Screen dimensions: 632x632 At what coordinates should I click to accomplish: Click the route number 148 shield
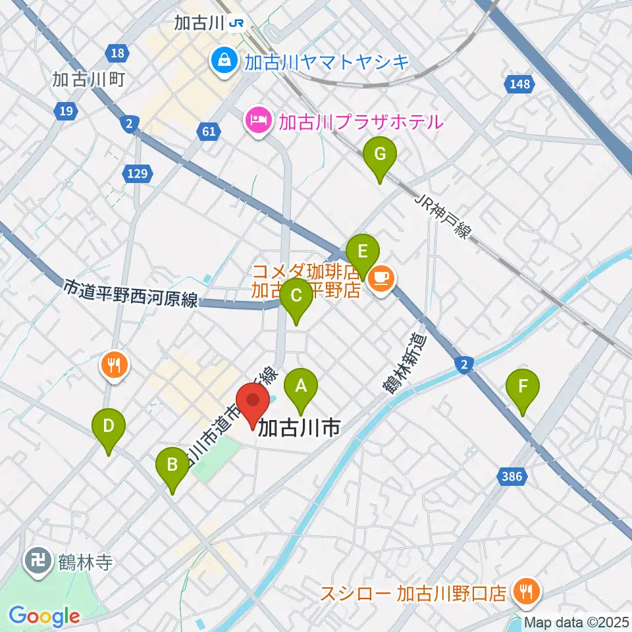point(519,84)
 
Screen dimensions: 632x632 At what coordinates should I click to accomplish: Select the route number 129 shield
point(138,173)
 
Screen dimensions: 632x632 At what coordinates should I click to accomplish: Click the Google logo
point(44,616)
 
